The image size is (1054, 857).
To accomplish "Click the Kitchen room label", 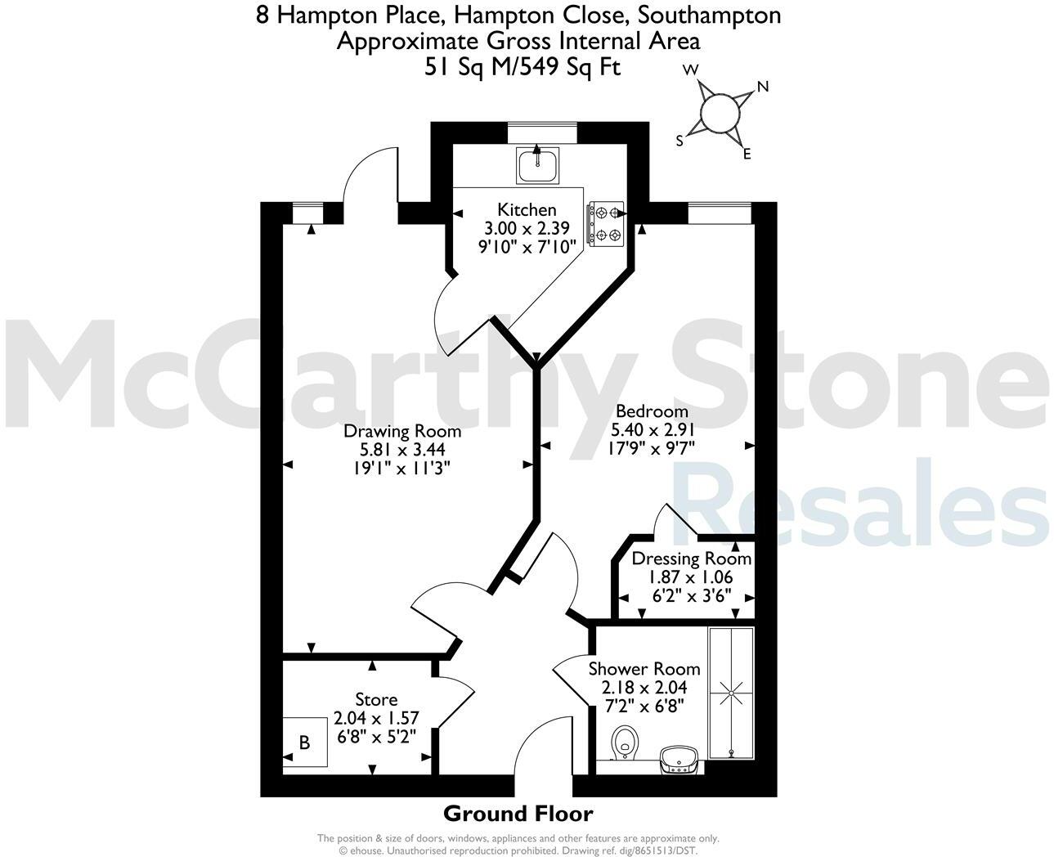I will point(527,210).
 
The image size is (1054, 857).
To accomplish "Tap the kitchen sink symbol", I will point(537,164).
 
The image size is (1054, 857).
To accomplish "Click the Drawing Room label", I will point(401,431).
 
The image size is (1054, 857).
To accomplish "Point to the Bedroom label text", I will point(652,411).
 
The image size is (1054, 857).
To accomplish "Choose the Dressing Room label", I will point(692,559).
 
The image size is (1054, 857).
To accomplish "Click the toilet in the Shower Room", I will point(625,741).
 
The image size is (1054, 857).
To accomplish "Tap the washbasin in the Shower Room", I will point(678,758).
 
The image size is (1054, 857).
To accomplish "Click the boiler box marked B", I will point(305,743).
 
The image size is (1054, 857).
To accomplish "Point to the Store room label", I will point(376,700).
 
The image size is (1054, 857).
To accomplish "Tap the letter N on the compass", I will point(764,87).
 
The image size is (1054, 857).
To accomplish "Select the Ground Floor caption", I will point(518,814).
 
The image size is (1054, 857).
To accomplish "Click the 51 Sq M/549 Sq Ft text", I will point(522,67).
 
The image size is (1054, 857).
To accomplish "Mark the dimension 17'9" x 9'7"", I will point(651,447).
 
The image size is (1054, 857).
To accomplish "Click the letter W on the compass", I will point(690,70).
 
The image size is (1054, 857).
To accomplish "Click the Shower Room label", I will point(644,669).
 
